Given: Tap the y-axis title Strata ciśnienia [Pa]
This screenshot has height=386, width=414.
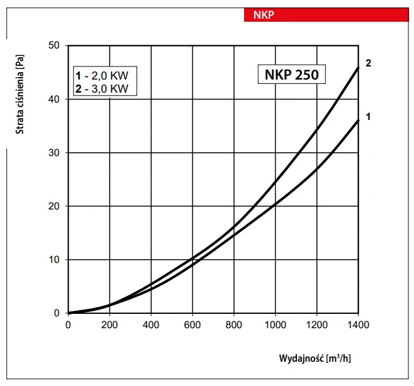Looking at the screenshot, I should coord(20,94).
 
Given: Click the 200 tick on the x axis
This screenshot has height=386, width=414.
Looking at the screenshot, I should coord(110,325).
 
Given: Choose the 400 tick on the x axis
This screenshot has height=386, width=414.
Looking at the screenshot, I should coord(151,325).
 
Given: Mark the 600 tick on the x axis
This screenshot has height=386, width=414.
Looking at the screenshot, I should coord(192,325).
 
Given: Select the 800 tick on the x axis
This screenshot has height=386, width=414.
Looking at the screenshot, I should coord(234,325).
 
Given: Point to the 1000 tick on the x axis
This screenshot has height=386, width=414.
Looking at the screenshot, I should coord(275,325).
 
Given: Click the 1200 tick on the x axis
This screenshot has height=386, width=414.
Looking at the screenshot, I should coord(317,325).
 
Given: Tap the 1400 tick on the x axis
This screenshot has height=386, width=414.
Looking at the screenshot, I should coord(358,325).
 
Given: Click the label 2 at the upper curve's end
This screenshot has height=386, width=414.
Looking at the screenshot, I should coord(369,63).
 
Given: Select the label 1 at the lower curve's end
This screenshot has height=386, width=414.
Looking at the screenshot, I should coord(369,116).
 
